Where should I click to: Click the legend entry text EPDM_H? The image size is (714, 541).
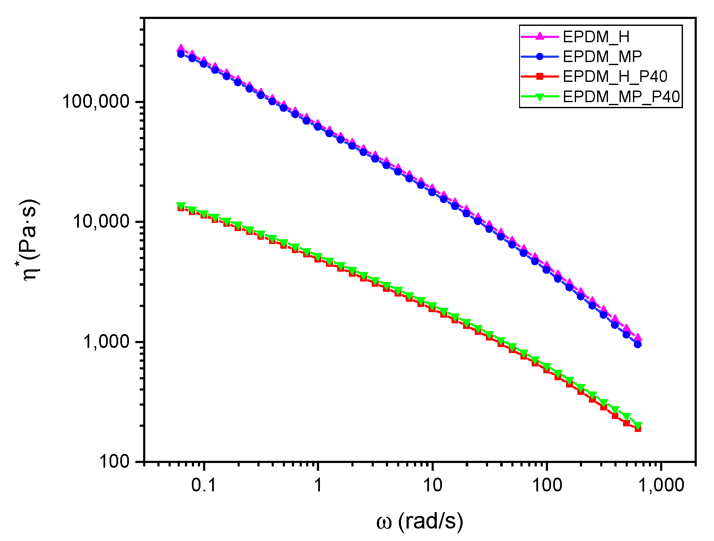596,37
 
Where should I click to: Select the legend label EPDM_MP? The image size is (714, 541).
602,56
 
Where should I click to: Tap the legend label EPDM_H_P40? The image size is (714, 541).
615,77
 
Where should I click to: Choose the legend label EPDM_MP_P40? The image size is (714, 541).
621,97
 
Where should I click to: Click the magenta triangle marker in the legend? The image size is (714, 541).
539,37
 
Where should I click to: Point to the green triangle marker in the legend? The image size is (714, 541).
539,97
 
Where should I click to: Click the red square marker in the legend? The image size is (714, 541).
539,77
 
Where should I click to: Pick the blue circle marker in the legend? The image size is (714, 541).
539,56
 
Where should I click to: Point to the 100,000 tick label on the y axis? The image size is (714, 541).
96,102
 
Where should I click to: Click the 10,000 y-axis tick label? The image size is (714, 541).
101,222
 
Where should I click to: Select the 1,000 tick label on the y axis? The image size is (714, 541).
106,341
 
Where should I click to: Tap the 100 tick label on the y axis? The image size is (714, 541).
114,461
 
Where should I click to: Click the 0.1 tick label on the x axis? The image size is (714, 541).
204,485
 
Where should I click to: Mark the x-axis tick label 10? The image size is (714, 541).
432,485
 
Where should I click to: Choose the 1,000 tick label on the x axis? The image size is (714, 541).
661,485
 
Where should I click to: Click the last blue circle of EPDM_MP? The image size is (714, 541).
638,344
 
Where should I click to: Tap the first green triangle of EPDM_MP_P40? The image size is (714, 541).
181,206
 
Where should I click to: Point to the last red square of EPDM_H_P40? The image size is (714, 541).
638,428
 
